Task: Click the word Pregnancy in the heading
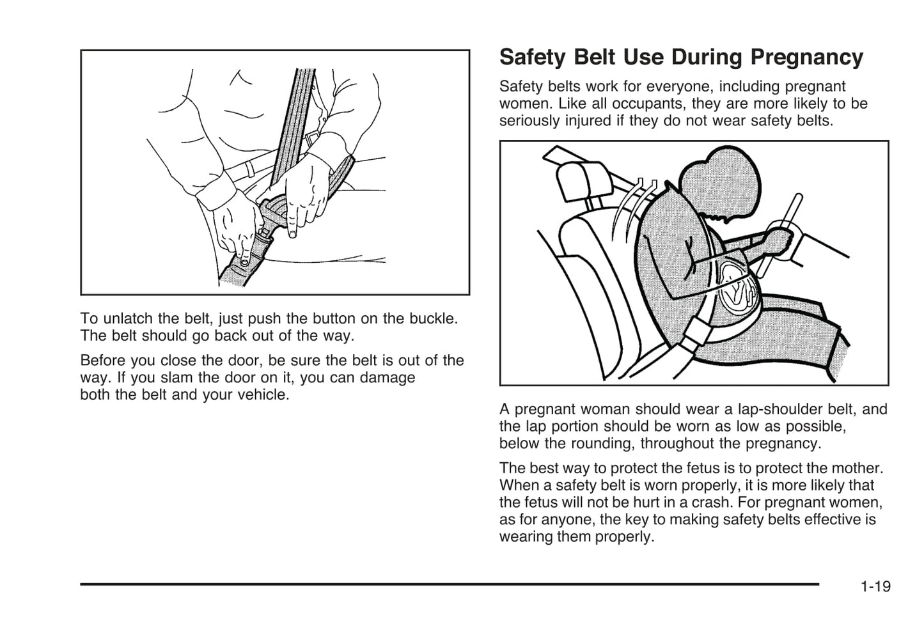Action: click(x=806, y=58)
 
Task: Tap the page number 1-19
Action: click(x=875, y=586)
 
